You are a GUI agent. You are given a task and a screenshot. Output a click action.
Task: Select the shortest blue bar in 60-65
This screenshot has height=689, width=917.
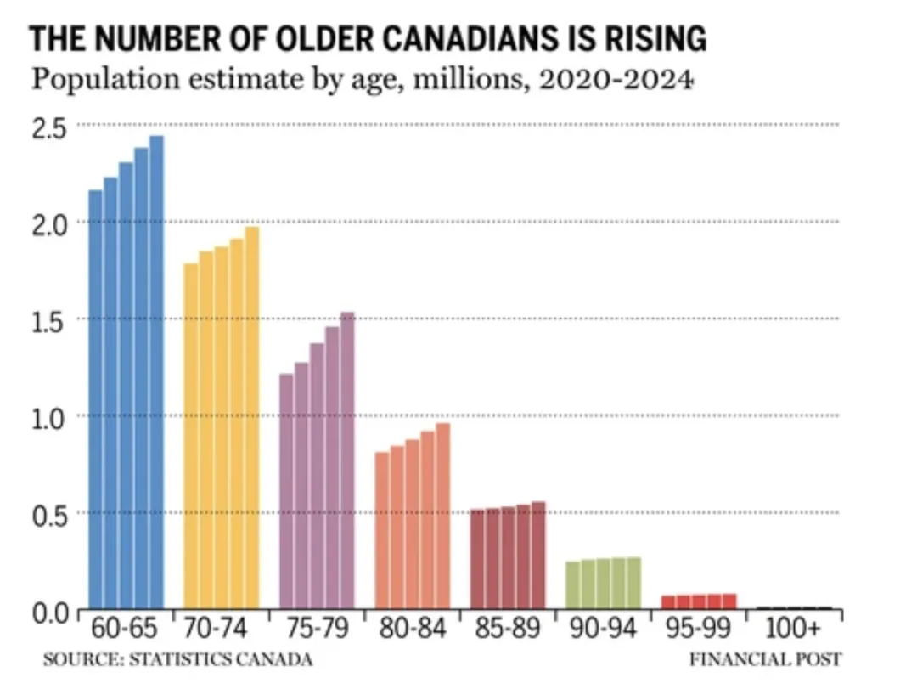click(x=96, y=399)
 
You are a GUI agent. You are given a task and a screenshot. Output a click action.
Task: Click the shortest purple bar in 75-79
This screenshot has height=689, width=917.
click(x=286, y=492)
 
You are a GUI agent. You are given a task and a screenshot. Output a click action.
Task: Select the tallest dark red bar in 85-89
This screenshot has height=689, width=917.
click(x=538, y=556)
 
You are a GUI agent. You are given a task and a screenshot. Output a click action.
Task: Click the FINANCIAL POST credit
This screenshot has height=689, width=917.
click(x=765, y=659)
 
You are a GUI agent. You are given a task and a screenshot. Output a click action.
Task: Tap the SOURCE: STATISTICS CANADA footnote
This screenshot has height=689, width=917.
click(x=177, y=659)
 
